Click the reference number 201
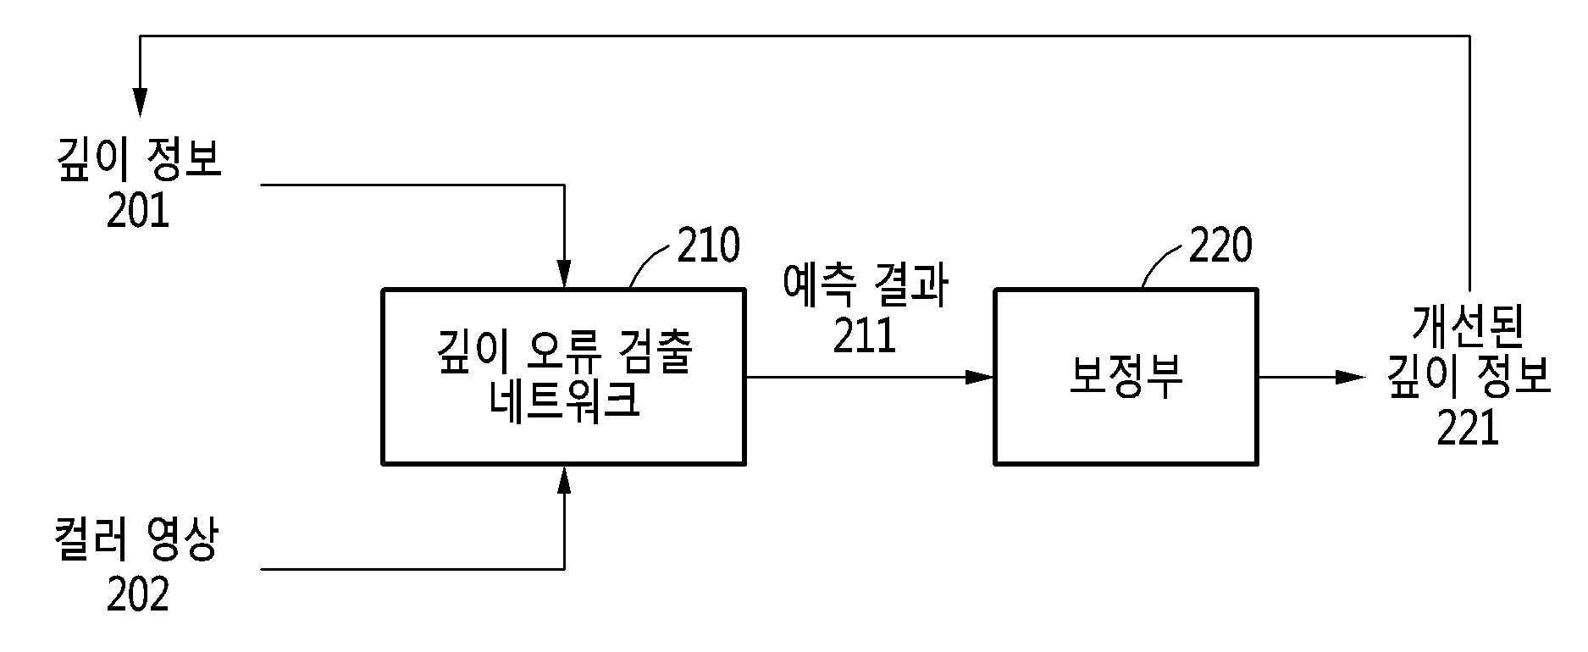[x=138, y=212]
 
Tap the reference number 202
[x=138, y=594]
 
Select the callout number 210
[x=708, y=246]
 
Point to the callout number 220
[x=1220, y=246]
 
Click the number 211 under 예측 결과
[x=864, y=336]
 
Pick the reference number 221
[x=1468, y=428]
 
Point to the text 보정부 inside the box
[x=1125, y=378]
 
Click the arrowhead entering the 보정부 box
[x=981, y=377]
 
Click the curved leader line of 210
[x=650, y=264]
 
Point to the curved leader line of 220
[x=1161, y=264]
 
